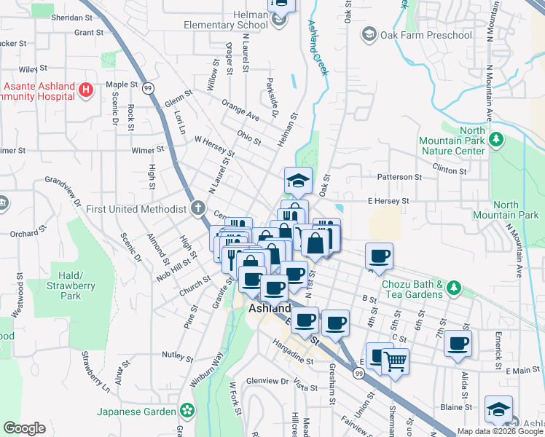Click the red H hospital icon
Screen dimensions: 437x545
87,90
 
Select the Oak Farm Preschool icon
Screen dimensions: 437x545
369,34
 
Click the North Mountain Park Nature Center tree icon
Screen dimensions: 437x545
497,138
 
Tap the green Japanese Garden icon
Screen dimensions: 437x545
187,412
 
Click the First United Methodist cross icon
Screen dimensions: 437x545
197,209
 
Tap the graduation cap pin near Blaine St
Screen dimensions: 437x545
499,409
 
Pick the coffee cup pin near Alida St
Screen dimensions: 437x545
458,343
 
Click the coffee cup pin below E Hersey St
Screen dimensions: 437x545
379,256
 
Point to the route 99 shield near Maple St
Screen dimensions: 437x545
147,88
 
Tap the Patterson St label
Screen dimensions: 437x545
399,177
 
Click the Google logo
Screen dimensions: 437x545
24,428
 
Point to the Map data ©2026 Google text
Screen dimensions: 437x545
499,431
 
